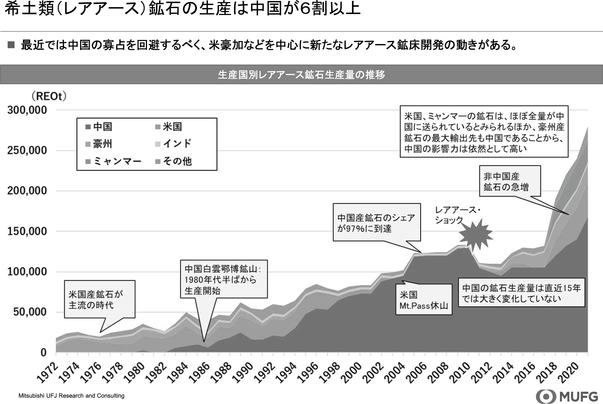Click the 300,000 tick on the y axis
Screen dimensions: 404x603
27,110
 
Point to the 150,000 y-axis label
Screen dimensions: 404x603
27,231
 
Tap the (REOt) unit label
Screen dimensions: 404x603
49,96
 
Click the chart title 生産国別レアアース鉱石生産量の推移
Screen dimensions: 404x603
301,75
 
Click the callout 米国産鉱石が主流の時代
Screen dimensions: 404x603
100,299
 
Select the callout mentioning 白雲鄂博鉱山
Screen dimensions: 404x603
224,279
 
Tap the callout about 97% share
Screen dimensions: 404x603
377,222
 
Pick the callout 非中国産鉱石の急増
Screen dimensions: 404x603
510,181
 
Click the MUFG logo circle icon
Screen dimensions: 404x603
546,396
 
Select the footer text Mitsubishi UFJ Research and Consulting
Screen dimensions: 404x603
71,396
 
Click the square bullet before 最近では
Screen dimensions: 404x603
11,45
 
